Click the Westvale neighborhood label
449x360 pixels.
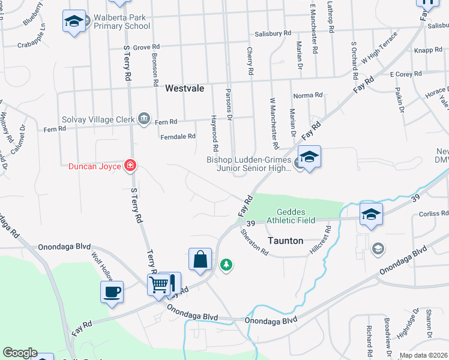pyautogui.click(x=184, y=88)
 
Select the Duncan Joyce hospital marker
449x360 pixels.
pyautogui.click(x=130, y=166)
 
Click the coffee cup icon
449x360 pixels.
pyautogui.click(x=112, y=292)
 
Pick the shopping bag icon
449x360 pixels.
pyautogui.click(x=200, y=259)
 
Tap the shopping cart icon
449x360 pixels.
pyautogui.click(x=158, y=284)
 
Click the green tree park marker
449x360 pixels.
pyautogui.click(x=226, y=264)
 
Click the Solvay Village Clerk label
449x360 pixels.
pyautogui.click(x=99, y=119)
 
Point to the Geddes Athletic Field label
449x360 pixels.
pyautogui.click(x=295, y=216)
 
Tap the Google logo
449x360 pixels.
pyautogui.click(x=20, y=353)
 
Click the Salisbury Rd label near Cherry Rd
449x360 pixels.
pyautogui.click(x=273, y=34)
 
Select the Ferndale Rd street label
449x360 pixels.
pyautogui.click(x=178, y=137)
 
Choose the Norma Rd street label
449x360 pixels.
pyautogui.click(x=308, y=95)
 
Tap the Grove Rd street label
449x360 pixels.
pyautogui.click(x=146, y=47)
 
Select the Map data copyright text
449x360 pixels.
pyautogui.click(x=423, y=355)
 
